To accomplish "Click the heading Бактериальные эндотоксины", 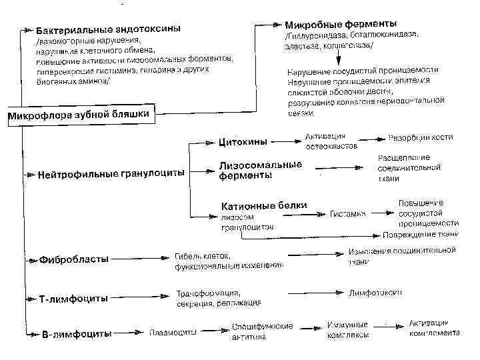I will [x=107, y=31].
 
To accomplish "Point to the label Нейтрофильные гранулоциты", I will [x=111, y=175].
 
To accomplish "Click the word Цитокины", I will [x=243, y=141].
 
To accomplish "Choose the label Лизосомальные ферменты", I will [x=260, y=170].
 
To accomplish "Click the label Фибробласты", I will [x=74, y=259].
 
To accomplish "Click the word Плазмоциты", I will [x=172, y=331].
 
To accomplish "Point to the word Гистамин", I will [x=348, y=214].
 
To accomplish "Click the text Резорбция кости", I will [x=420, y=138].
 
